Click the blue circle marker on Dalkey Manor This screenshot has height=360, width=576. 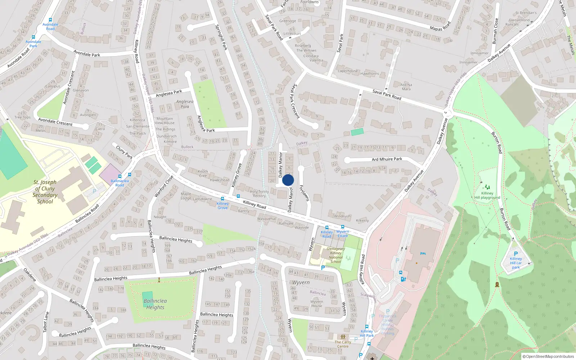point(288,180)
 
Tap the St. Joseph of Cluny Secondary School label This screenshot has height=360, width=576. point(45,192)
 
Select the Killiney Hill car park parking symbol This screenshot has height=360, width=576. point(516,253)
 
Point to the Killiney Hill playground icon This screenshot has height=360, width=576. point(487,187)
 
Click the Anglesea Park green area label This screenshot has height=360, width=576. point(185,104)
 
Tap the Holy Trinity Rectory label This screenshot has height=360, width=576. point(259,194)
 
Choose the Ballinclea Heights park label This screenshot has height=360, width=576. point(155,304)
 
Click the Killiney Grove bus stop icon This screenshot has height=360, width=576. point(222,199)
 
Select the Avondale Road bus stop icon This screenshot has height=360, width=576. point(50,20)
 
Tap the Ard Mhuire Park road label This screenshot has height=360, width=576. point(387,159)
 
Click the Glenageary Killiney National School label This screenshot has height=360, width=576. point(336,255)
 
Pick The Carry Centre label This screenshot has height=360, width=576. point(343,344)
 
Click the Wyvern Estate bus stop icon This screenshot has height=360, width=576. point(343,227)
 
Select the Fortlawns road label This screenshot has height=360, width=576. point(305,193)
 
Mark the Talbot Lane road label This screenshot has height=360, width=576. point(46,322)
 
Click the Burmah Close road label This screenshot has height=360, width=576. point(495,31)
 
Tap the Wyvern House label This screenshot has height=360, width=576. point(317,304)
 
